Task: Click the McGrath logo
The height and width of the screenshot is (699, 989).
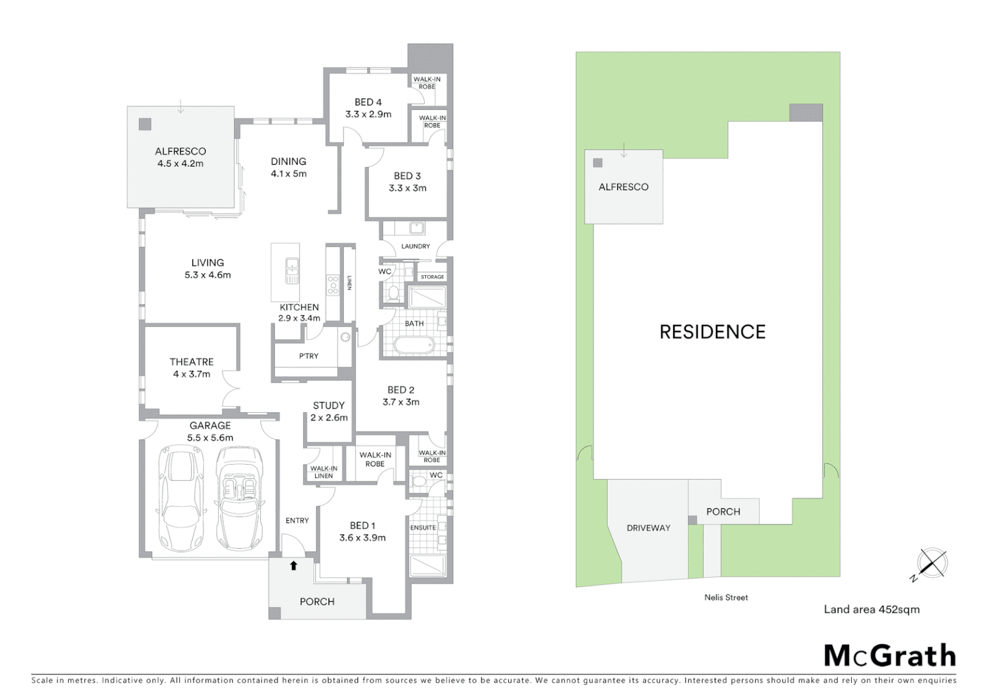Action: click(889, 656)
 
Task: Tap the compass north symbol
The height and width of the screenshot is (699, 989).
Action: click(931, 563)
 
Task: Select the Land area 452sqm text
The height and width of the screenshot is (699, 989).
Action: click(871, 609)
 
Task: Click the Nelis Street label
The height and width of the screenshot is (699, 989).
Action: click(726, 597)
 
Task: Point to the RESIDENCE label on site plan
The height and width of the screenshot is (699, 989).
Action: click(712, 332)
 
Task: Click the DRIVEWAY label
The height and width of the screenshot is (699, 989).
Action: click(648, 527)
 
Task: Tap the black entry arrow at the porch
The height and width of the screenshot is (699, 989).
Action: click(293, 566)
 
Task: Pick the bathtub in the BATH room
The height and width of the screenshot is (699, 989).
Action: click(414, 346)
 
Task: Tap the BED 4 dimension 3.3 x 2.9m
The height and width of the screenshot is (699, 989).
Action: click(368, 114)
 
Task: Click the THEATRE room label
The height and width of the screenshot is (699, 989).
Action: click(192, 362)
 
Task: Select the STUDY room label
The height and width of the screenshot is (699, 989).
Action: click(329, 405)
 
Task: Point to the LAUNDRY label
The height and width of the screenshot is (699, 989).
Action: click(416, 246)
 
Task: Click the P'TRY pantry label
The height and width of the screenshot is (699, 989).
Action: click(309, 356)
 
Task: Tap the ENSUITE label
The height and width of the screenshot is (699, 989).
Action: click(423, 527)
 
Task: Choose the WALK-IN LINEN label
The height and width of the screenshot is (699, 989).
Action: click(324, 472)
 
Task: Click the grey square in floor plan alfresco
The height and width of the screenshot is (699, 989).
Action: click(145, 124)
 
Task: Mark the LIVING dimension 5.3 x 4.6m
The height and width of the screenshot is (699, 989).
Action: click(207, 274)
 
